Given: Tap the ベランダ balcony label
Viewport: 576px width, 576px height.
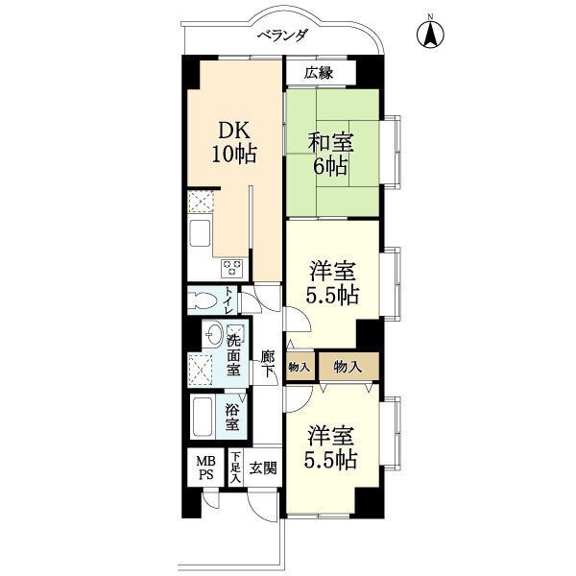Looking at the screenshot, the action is tap(282, 36).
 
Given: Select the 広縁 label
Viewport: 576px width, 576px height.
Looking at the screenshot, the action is tap(318, 74).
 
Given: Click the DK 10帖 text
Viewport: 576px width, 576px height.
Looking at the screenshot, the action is tap(233, 142).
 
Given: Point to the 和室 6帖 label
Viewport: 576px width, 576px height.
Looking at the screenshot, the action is tap(330, 154).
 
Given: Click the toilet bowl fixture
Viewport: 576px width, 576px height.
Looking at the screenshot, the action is tap(203, 300).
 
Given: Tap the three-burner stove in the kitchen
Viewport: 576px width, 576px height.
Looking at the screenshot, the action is tap(231, 268).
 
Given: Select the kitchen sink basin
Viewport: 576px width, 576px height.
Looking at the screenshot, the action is tap(200, 233).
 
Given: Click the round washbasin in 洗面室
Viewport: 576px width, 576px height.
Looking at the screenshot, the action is tap(213, 334).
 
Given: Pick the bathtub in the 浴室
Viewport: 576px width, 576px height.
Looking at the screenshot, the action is tap(204, 417).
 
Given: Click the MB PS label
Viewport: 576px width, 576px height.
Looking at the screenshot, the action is tap(205, 468).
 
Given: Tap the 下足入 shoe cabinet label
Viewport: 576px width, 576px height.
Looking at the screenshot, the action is tap(235, 468).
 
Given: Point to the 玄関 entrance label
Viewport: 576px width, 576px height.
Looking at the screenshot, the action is tap(263, 468).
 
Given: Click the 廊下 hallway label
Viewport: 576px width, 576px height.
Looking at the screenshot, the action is tap(268, 364).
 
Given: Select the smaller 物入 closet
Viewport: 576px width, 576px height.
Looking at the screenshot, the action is tap(300, 367).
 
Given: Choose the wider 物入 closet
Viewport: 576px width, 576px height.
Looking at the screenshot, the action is tap(348, 367).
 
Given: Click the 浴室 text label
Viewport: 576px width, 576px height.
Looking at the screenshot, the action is tap(232, 417).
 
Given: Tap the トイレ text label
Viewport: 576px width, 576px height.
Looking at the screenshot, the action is tap(229, 300).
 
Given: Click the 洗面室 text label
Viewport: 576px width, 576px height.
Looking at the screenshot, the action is tap(233, 355).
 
